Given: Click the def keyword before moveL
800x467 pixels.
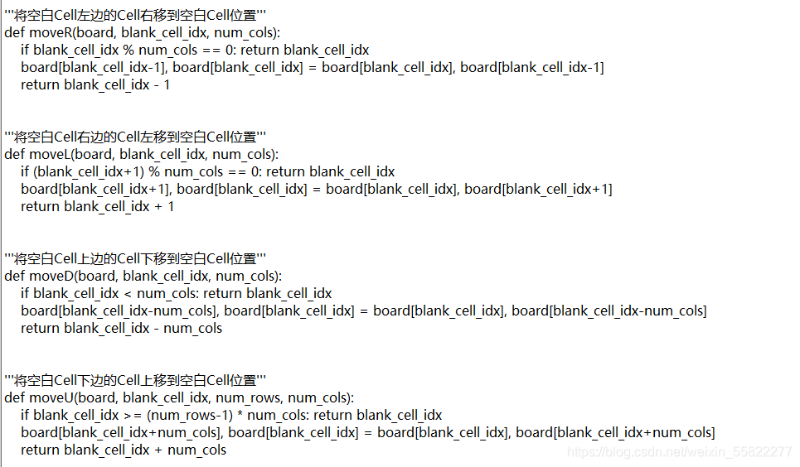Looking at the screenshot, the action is click(x=14, y=154).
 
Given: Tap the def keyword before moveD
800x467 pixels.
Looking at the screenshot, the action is click(x=14, y=276).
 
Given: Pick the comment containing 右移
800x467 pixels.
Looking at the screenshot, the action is click(x=136, y=15).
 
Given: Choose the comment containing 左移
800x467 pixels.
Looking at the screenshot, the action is click(x=136, y=137).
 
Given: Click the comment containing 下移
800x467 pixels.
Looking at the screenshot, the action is click(x=136, y=258).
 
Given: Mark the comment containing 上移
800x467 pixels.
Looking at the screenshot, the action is click(x=136, y=380).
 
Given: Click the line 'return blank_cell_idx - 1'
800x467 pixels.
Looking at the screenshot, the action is click(x=95, y=84).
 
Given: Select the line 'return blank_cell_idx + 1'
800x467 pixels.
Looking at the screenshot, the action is click(x=97, y=206).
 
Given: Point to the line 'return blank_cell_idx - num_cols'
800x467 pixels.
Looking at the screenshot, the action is click(x=121, y=328).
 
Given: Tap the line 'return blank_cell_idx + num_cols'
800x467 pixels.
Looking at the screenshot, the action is click(x=123, y=450).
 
